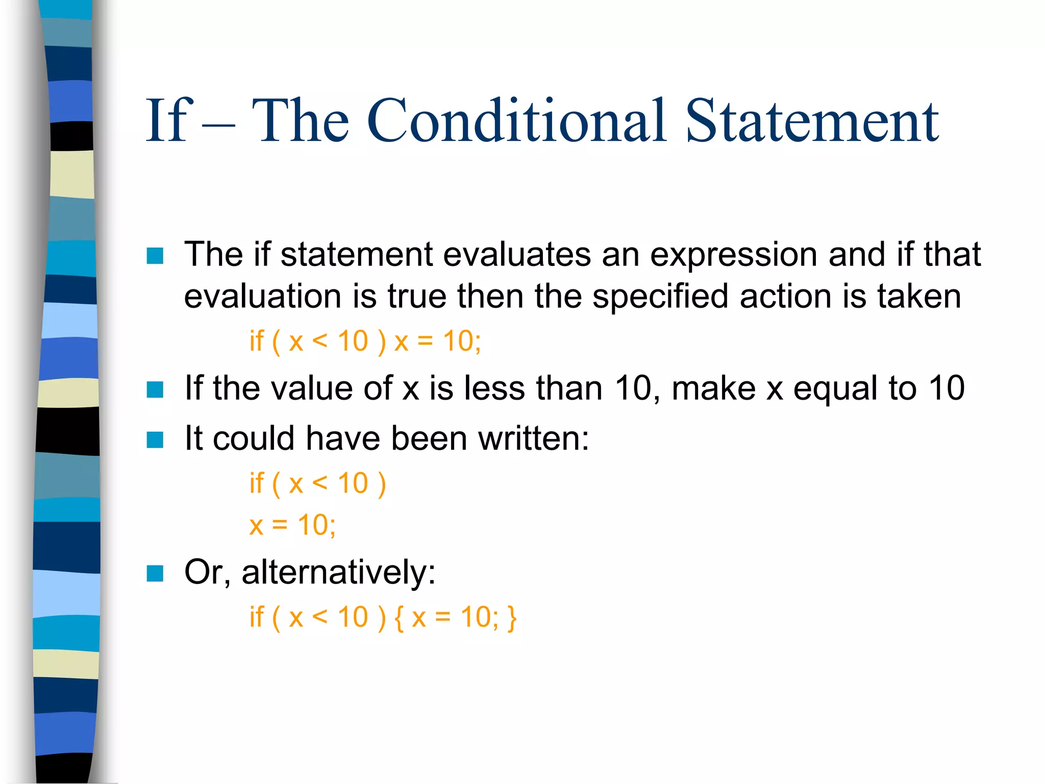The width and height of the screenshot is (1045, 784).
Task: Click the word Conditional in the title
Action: pos(516,120)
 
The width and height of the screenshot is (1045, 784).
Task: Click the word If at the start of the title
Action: pos(168,120)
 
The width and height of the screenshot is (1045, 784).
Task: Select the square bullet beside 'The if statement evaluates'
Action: pos(155,256)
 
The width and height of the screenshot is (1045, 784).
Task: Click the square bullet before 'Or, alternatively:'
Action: pos(155,573)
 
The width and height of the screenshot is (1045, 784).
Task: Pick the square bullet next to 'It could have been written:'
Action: pos(155,439)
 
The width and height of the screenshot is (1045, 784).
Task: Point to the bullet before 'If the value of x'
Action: pos(155,389)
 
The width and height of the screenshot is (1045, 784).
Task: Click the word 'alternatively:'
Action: pos(338,572)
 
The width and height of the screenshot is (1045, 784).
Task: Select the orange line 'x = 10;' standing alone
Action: pos(292,525)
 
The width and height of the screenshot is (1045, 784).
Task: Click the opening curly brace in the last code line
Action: pos(399,618)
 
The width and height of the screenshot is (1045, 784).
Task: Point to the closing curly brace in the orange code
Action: pos(512,618)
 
